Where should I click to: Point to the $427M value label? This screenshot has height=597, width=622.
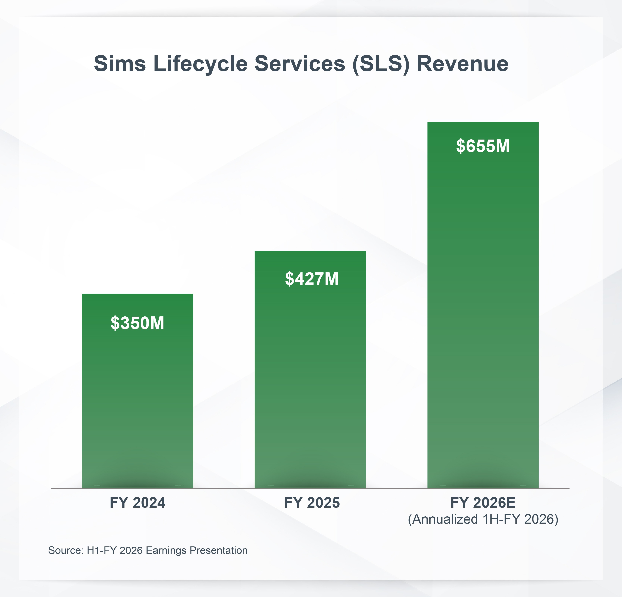pos(312,279)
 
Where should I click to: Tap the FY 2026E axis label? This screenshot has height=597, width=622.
pos(483,502)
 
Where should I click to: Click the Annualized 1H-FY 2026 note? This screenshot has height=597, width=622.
pos(483,519)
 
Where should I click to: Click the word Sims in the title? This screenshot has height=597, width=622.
pos(120,64)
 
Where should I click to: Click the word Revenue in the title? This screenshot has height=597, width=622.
pos(462,64)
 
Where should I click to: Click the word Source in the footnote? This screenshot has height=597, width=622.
pos(65,550)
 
